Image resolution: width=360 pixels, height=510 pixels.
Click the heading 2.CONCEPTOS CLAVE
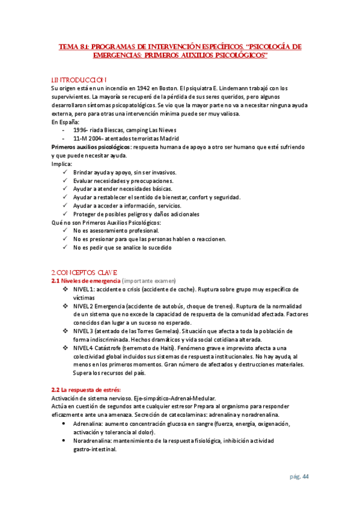[x=84, y=272]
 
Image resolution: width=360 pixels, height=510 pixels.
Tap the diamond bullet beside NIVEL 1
[x=66, y=289]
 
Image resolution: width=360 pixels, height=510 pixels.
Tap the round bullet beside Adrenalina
[x=65, y=424]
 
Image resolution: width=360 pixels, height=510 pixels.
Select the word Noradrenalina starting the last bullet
[x=93, y=441]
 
